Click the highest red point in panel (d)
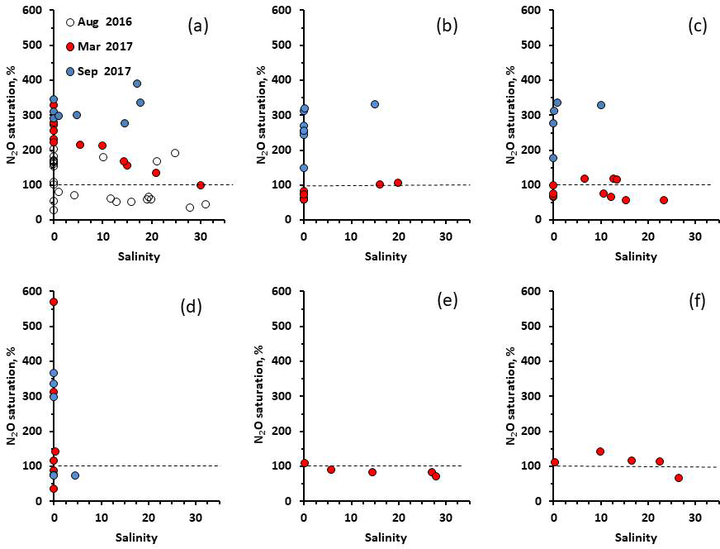[54, 302]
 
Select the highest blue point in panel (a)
[137, 84]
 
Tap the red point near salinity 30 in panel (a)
[201, 185]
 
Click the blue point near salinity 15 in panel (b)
[375, 104]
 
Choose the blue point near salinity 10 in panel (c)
[601, 105]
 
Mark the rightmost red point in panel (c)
[664, 200]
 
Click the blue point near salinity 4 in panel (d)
[75, 475]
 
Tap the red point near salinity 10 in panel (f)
[600, 451]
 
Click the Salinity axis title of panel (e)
[383, 537]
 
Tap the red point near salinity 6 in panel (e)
[331, 470]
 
